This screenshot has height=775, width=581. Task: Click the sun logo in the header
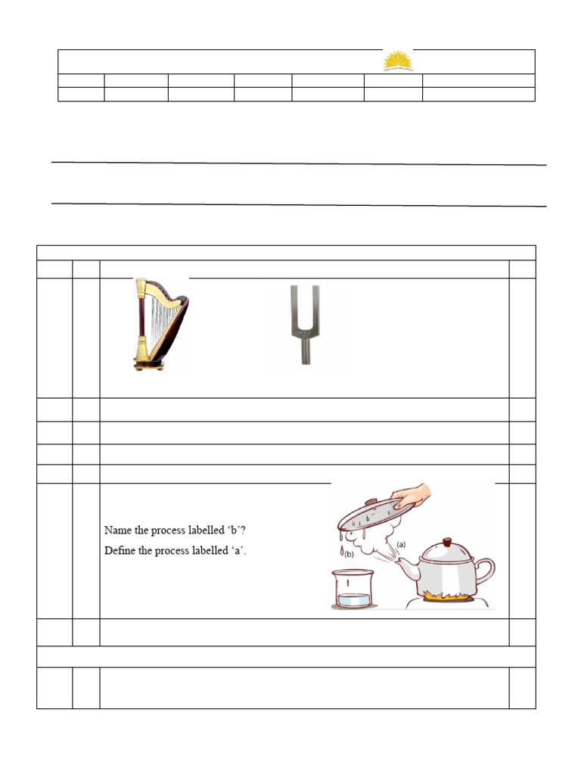click(398, 61)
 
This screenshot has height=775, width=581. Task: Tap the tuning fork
click(305, 324)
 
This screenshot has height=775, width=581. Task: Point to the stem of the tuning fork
click(305, 351)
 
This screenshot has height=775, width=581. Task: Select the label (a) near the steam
click(401, 544)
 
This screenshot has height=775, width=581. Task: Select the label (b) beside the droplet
click(350, 555)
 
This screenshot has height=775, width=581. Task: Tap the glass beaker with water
click(353, 590)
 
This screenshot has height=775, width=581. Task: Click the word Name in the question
click(117, 531)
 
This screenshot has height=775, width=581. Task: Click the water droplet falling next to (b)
click(342, 550)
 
